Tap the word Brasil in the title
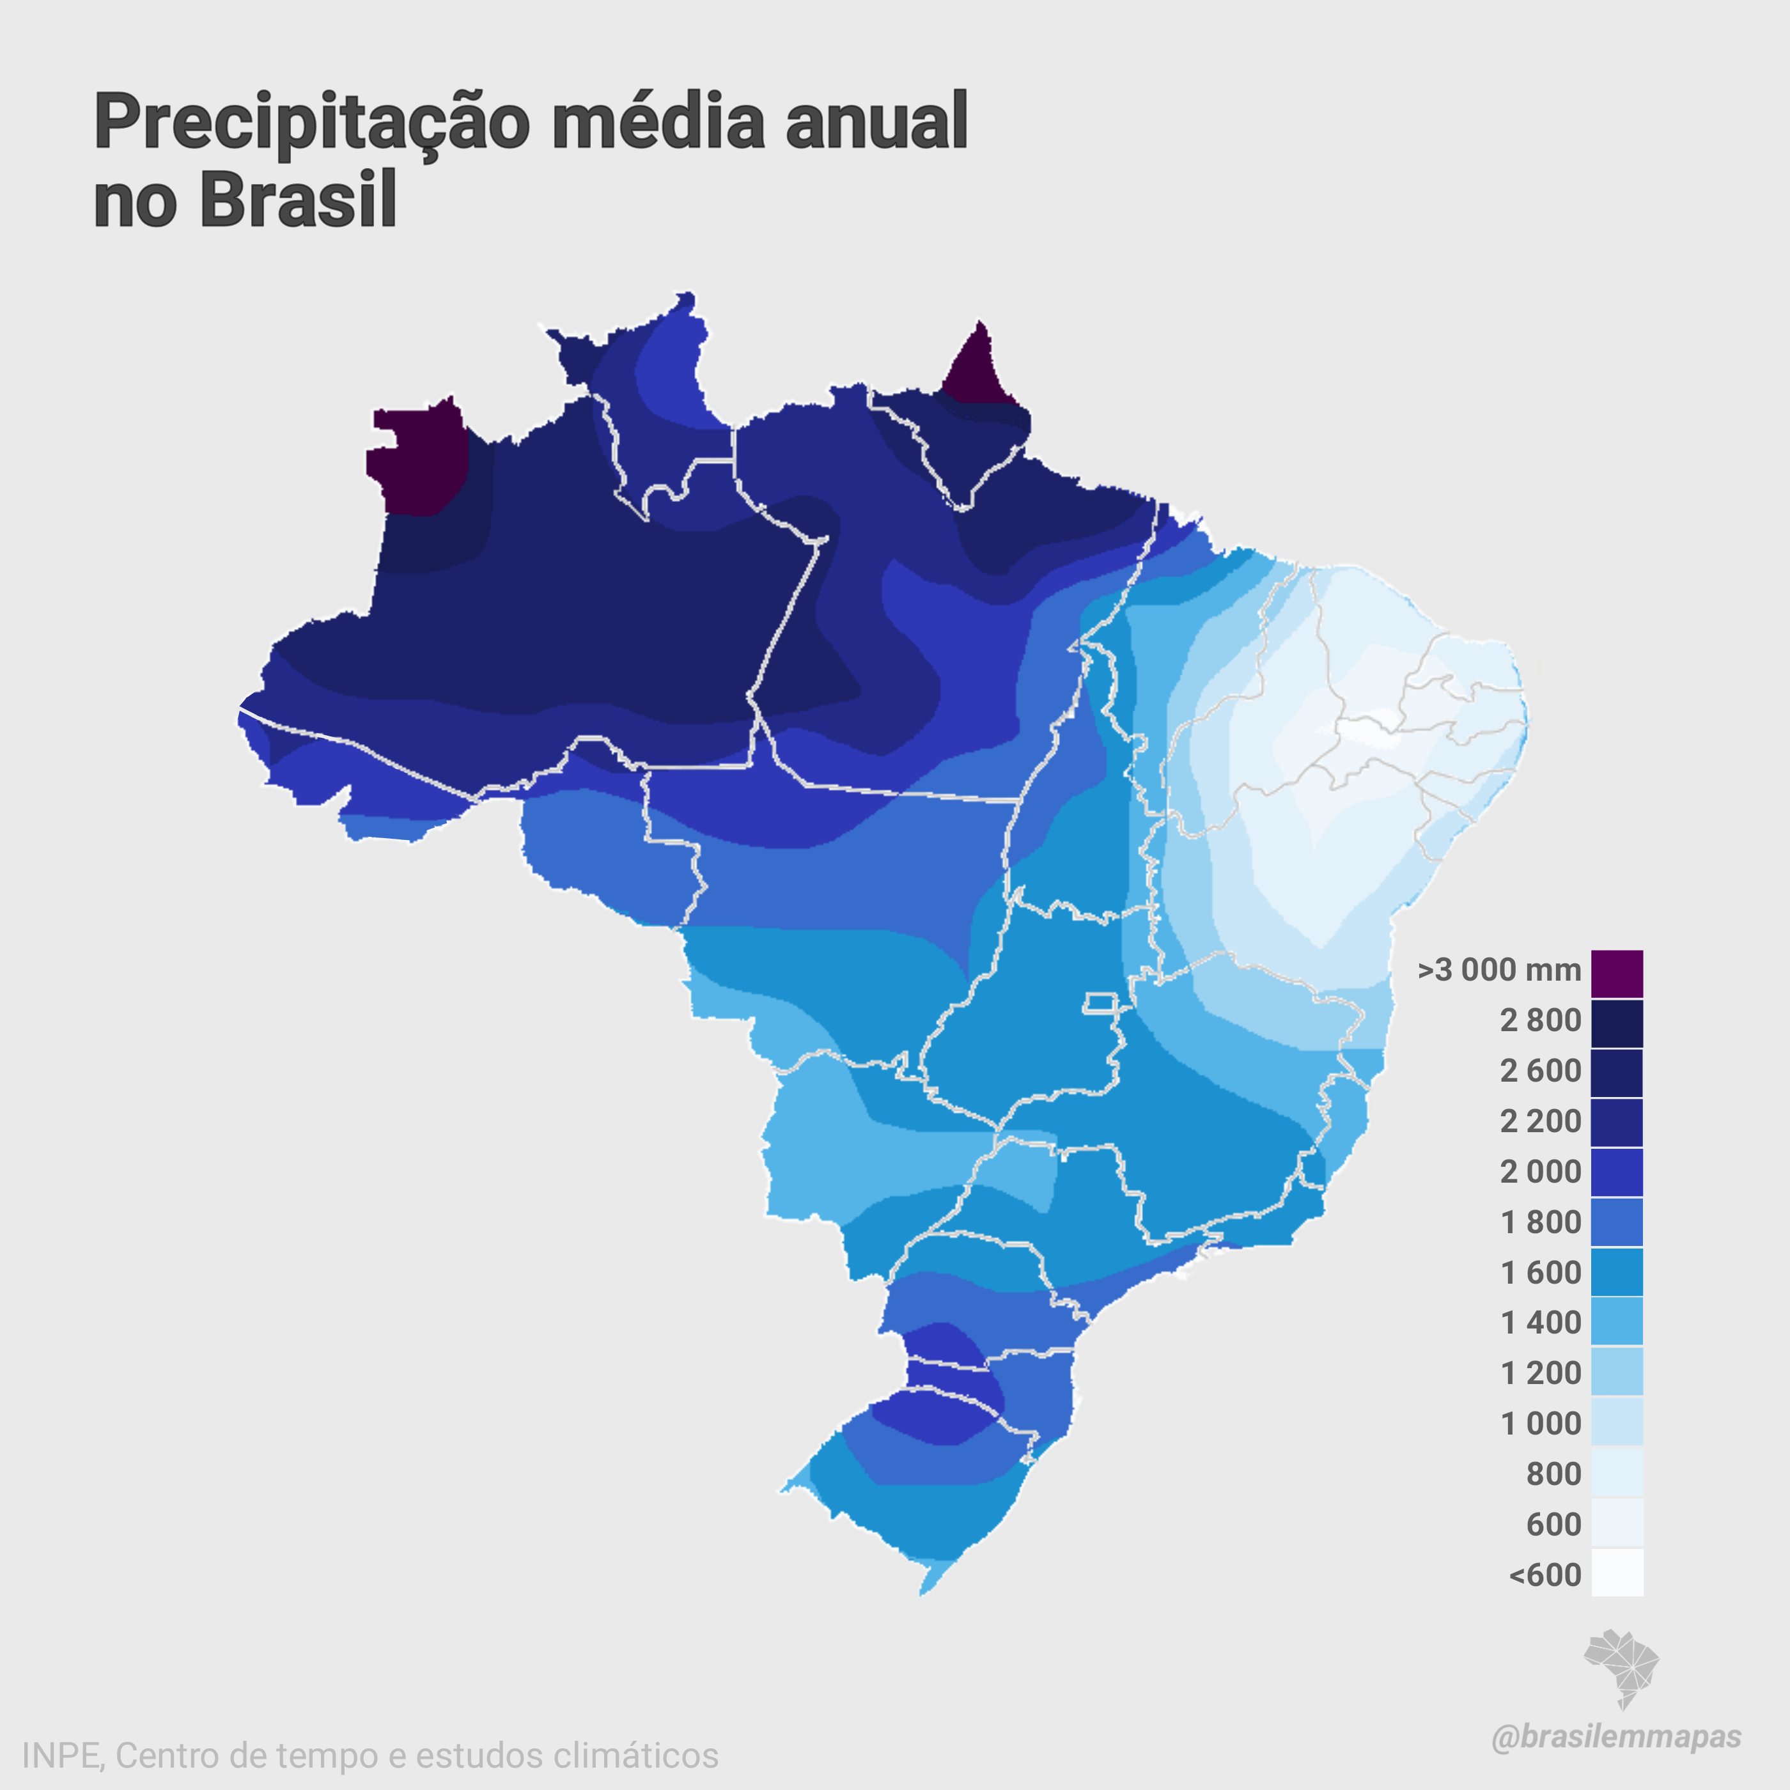299,199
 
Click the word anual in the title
876,121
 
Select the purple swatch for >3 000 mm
1617,973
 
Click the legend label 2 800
1540,1020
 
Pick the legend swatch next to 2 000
1617,1172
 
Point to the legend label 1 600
1540,1273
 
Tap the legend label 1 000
1540,1423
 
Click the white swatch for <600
1617,1573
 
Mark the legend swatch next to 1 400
1617,1322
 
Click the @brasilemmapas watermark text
1616,1737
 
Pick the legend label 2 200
1540,1121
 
